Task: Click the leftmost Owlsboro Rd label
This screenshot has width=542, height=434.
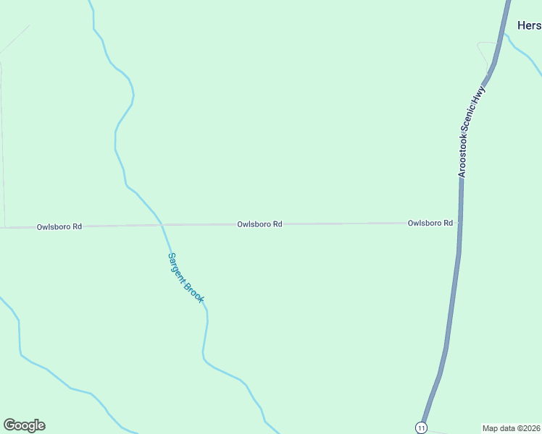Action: (x=59, y=226)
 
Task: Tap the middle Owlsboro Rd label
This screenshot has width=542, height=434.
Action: (x=259, y=224)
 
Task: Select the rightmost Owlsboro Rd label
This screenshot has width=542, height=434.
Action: (x=430, y=223)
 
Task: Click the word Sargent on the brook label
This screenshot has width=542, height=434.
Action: (x=176, y=265)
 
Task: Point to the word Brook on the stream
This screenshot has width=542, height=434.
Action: (x=194, y=292)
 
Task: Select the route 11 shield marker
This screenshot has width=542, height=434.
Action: (x=422, y=427)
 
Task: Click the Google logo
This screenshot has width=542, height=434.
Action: (x=24, y=425)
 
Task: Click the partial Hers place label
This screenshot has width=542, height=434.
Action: (x=529, y=25)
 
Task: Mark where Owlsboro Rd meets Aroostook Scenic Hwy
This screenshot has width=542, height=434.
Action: (x=460, y=223)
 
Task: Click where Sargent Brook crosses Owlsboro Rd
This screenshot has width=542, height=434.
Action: (x=162, y=225)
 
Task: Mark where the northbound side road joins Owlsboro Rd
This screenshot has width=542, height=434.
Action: (x=5, y=227)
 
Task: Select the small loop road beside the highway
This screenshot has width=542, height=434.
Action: (x=484, y=52)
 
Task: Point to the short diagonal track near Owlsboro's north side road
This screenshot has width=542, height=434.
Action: (x=14, y=40)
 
